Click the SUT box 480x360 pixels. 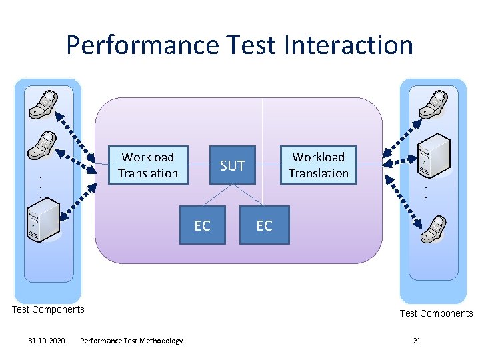click(x=233, y=165)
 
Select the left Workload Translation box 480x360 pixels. click(x=148, y=165)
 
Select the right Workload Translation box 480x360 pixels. click(x=319, y=165)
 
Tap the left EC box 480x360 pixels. click(x=202, y=226)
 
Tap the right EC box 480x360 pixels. click(x=265, y=226)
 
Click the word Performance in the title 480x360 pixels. click(x=141, y=45)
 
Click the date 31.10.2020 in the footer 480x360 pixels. click(x=47, y=341)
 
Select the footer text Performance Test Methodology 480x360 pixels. click(x=131, y=341)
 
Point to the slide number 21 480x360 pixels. click(x=417, y=341)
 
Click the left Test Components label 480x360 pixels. click(x=49, y=309)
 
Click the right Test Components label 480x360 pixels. click(x=436, y=313)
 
